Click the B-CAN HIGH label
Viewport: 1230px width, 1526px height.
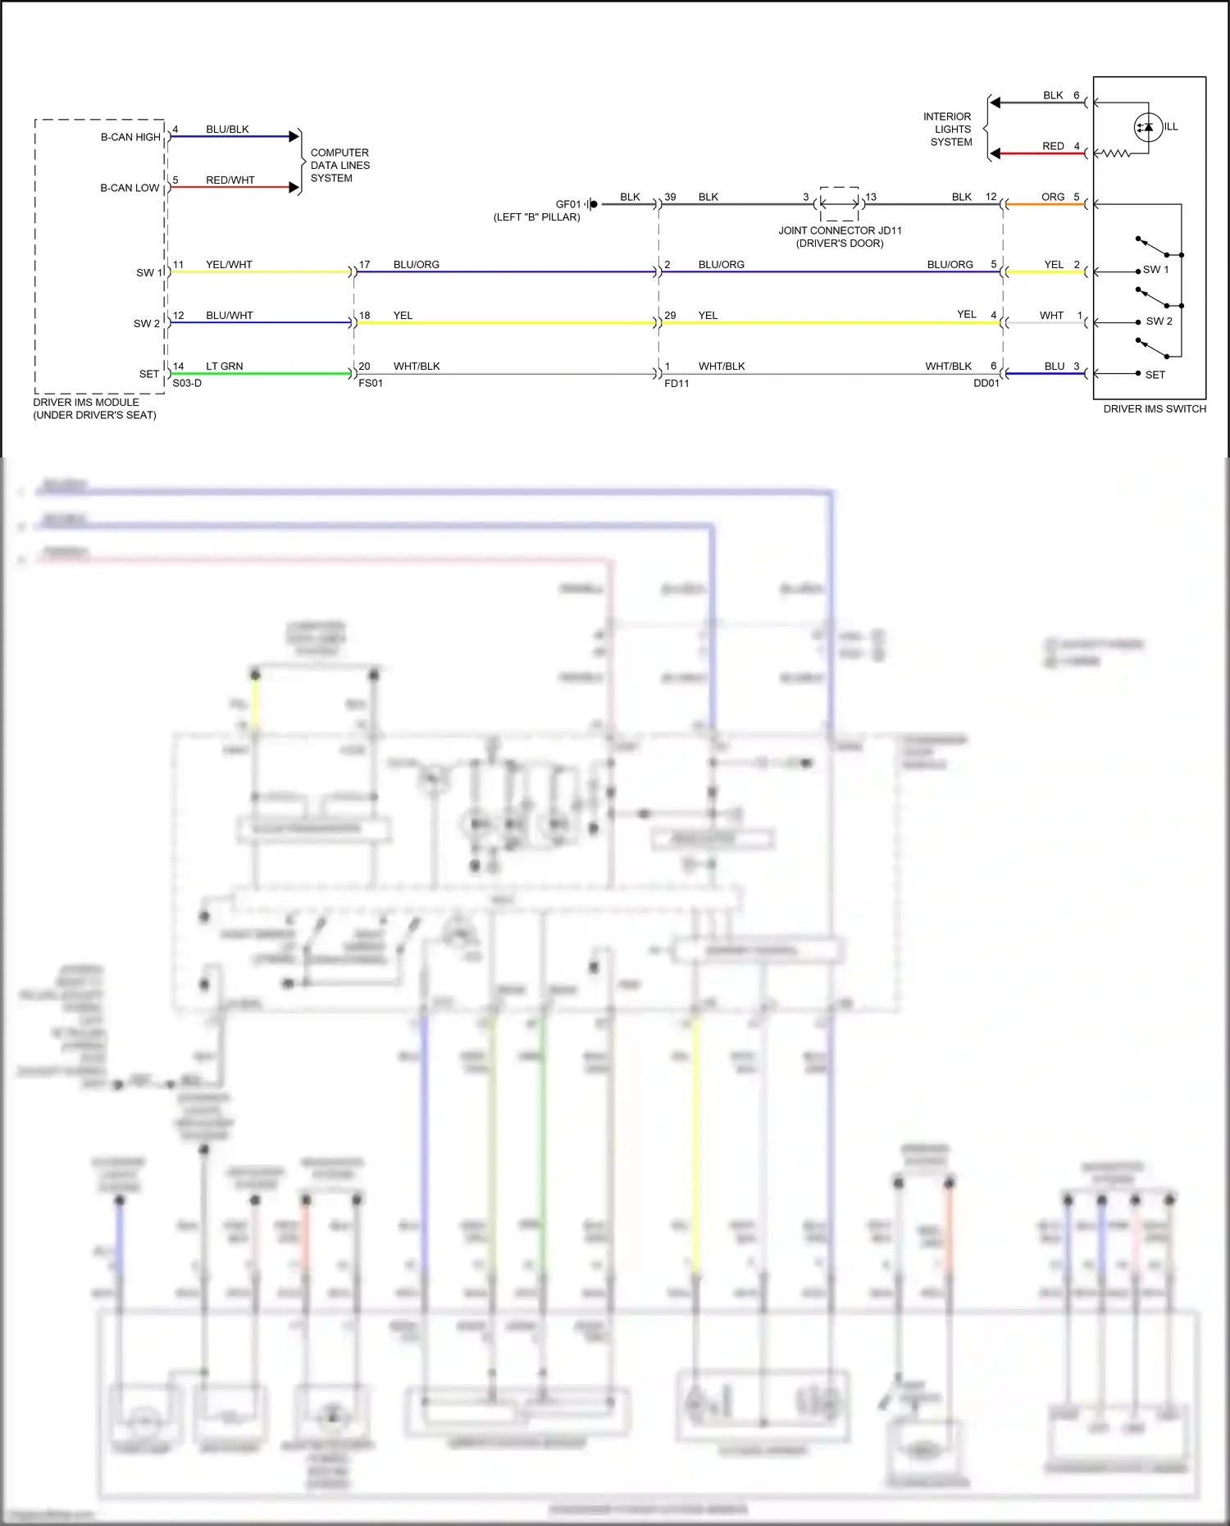click(x=130, y=137)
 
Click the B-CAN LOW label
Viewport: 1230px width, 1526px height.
click(x=130, y=188)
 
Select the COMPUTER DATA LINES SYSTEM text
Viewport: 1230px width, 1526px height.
click(x=339, y=165)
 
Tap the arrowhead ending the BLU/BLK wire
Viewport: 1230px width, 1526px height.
click(x=294, y=136)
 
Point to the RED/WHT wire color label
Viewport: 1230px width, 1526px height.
click(x=230, y=180)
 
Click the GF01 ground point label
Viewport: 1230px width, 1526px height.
click(x=567, y=204)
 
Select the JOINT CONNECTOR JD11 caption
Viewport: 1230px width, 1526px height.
click(x=840, y=236)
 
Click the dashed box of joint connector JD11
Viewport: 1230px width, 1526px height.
click(x=840, y=203)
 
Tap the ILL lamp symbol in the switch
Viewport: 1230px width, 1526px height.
click(x=1148, y=127)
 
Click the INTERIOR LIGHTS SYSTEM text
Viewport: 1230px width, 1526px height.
click(x=948, y=129)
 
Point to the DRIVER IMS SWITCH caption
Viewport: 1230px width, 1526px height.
click(x=1154, y=408)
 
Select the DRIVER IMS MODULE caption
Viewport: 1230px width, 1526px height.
click(x=93, y=408)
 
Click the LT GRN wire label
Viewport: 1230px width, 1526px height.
click(x=224, y=366)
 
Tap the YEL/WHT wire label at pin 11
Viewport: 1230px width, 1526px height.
click(x=229, y=264)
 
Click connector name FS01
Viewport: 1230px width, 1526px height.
click(x=370, y=383)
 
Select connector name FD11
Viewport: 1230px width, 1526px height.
click(x=676, y=383)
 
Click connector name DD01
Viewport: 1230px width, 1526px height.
click(x=986, y=383)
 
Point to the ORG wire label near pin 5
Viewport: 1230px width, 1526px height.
click(x=1052, y=197)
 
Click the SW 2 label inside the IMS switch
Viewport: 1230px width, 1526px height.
click(x=1159, y=321)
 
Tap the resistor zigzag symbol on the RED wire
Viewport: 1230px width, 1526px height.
click(x=1113, y=153)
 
